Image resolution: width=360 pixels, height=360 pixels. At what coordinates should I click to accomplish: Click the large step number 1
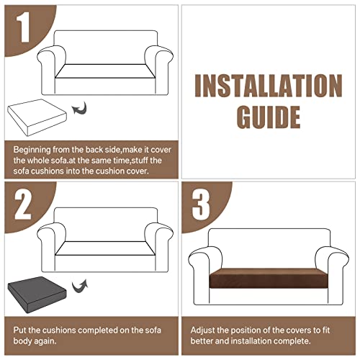(x=24, y=27)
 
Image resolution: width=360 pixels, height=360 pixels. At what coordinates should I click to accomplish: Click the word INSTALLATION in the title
(x=269, y=86)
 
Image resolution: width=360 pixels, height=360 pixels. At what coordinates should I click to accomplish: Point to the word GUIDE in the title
(x=269, y=117)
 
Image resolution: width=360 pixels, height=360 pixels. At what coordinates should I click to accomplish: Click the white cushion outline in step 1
(x=37, y=117)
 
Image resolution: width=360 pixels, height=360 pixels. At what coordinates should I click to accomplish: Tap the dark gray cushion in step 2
(x=37, y=294)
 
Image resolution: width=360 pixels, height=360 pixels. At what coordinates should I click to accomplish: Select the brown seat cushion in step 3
(x=269, y=278)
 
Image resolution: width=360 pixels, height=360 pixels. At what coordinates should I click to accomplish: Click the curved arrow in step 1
(x=79, y=108)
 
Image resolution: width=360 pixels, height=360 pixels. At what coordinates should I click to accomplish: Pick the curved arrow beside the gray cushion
(x=80, y=286)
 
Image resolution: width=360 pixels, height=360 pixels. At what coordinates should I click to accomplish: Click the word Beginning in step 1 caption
(x=32, y=150)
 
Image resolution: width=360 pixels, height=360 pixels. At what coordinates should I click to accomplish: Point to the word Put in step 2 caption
(x=19, y=330)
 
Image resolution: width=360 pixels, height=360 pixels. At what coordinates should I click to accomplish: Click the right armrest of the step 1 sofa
(x=158, y=70)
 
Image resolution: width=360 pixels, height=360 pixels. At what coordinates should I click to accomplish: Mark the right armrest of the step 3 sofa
(x=332, y=276)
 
